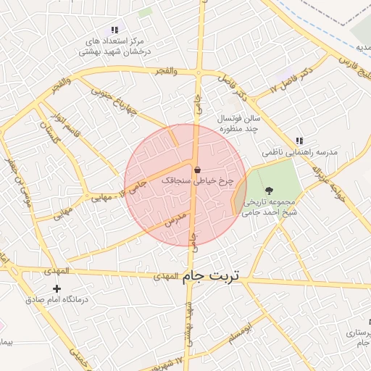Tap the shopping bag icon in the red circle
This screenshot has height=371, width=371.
click(197, 170)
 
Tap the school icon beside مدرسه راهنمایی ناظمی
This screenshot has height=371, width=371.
click(299, 141)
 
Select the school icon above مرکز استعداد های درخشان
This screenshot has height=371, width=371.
click(114, 30)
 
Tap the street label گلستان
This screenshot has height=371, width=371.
click(48, 133)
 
